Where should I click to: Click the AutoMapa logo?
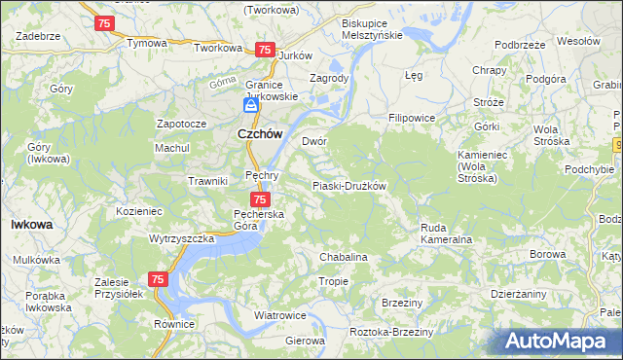click(x=562, y=342)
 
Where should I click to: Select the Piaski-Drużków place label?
click(x=349, y=186)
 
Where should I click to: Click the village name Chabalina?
click(x=343, y=257)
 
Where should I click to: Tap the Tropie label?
click(x=334, y=281)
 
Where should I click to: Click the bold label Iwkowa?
click(x=31, y=224)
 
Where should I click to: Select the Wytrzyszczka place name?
click(x=181, y=238)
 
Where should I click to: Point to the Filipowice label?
click(x=411, y=118)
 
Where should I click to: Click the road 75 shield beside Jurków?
click(x=264, y=50)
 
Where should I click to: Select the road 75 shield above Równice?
click(x=159, y=279)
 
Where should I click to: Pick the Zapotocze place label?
click(x=181, y=125)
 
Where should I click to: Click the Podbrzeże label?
click(x=519, y=45)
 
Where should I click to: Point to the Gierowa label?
click(x=305, y=342)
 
